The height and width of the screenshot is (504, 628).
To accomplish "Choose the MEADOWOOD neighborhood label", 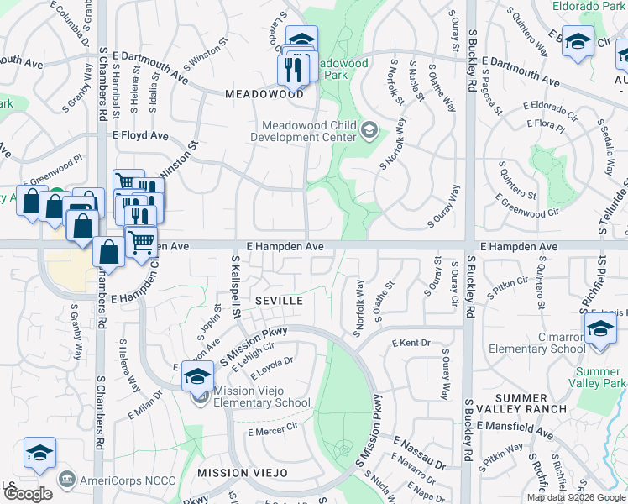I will (x=264, y=94).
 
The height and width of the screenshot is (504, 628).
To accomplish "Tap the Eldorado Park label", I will (x=589, y=5).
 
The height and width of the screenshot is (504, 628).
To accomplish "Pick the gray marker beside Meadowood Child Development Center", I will (x=370, y=130).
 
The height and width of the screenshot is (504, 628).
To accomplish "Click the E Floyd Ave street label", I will (x=140, y=135).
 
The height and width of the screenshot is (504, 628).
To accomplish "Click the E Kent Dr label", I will (x=411, y=344).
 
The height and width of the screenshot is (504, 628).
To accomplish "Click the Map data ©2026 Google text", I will (x=576, y=497).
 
